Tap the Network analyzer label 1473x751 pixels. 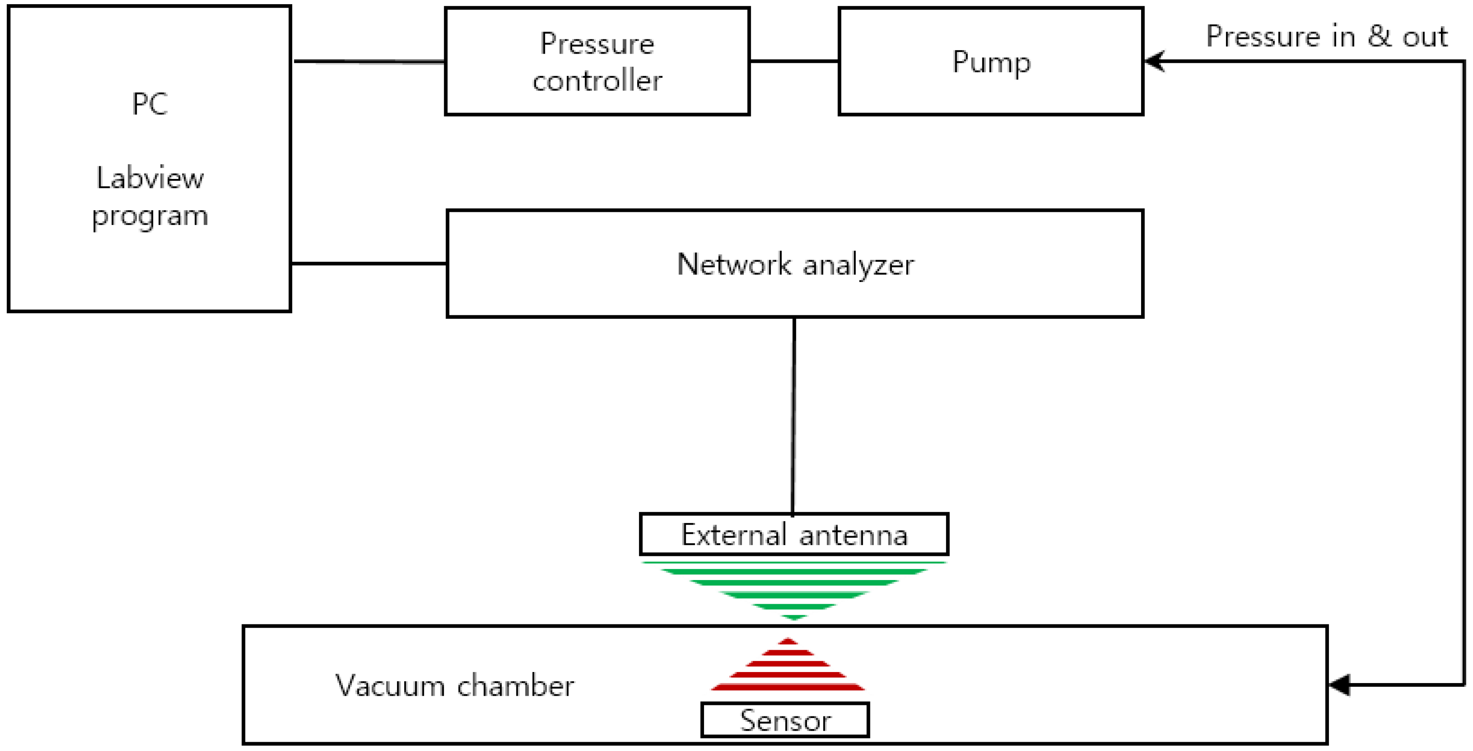point(795,265)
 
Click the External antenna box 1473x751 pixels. point(794,535)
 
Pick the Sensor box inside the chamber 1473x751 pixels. point(785,720)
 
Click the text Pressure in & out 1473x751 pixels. point(1326,37)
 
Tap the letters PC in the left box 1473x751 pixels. point(150,104)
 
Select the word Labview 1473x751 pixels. point(150,178)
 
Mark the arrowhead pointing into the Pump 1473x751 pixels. point(1154,61)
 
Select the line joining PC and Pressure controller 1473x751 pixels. point(369,61)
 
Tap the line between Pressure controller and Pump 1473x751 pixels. point(794,61)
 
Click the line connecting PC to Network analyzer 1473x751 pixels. point(369,263)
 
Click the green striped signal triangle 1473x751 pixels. point(794,586)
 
